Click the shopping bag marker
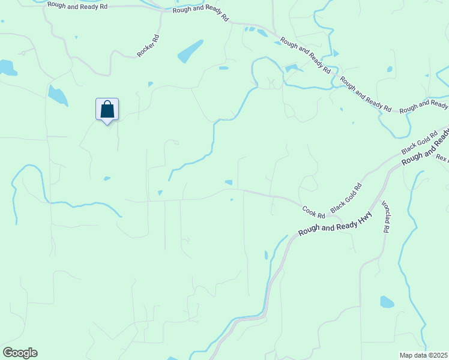(x=107, y=110)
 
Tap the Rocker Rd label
(x=148, y=46)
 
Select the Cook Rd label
(x=313, y=212)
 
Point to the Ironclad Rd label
(x=386, y=217)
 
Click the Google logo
(x=20, y=353)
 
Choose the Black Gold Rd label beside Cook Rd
(x=346, y=197)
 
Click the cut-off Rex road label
(x=442, y=158)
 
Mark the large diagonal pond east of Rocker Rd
(x=190, y=51)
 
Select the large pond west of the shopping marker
(x=58, y=95)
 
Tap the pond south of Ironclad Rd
(x=387, y=301)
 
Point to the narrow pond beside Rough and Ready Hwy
(x=266, y=255)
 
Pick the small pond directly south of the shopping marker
(x=107, y=178)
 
